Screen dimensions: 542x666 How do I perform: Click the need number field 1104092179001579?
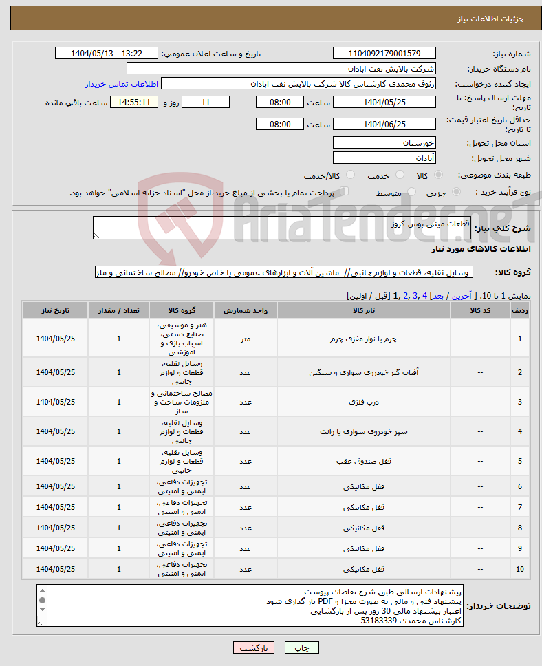coord(384,54)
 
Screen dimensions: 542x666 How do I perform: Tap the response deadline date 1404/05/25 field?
coord(384,103)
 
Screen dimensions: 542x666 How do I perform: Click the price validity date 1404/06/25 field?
coord(384,125)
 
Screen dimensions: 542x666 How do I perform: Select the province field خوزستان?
coord(384,143)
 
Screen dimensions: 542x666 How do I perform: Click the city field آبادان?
coord(384,158)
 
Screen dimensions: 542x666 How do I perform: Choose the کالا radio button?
coord(439,175)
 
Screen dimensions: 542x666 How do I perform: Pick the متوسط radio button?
coord(412,193)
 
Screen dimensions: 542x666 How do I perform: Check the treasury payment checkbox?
coord(345,192)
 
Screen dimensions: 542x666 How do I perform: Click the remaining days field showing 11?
coord(206,103)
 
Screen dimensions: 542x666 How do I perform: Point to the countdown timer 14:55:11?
coord(134,103)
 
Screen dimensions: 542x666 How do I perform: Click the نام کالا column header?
coord(363,310)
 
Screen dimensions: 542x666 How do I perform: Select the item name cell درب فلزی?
coord(363,402)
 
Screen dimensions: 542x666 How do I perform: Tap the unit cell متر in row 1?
coord(246,339)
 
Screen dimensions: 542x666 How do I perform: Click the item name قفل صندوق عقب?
coord(363,462)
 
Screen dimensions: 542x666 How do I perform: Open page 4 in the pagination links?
coord(425,296)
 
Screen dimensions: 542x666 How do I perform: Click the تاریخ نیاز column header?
coord(56,310)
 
